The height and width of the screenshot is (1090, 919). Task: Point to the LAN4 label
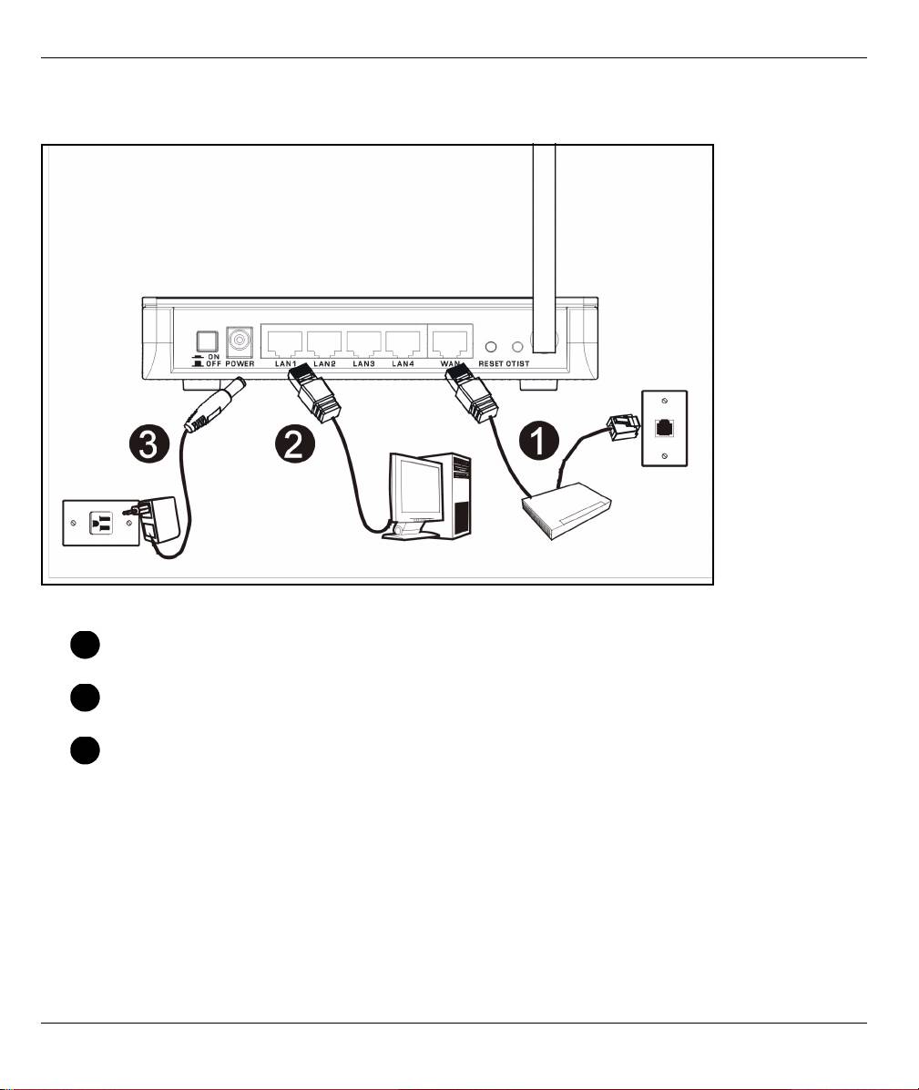click(403, 364)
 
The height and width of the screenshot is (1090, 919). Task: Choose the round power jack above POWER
click(240, 341)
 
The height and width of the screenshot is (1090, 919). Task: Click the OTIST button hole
click(519, 347)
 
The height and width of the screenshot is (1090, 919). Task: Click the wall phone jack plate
click(665, 429)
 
